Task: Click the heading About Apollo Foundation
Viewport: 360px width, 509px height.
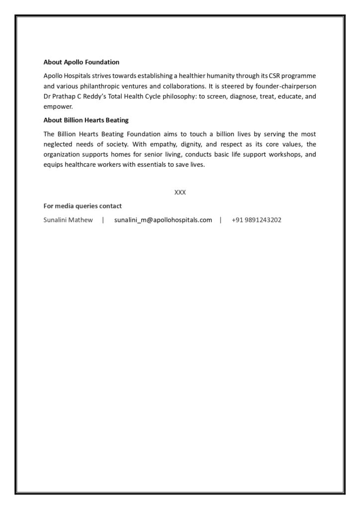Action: click(82, 62)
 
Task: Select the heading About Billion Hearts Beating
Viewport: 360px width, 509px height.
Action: click(86, 120)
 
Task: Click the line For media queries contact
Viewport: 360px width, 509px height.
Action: click(83, 206)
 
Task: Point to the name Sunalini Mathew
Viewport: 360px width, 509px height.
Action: click(68, 220)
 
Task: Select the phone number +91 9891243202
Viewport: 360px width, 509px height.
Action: click(256, 220)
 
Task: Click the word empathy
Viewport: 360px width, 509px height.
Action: click(169, 144)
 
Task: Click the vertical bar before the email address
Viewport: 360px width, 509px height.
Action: click(103, 220)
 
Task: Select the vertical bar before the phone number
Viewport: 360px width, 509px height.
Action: click(220, 220)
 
